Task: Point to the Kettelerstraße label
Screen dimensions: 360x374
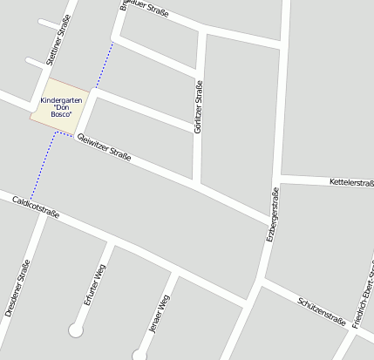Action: tap(351, 183)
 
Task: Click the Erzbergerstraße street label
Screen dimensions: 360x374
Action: tap(271, 214)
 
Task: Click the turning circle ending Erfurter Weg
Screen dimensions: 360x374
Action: tap(76, 330)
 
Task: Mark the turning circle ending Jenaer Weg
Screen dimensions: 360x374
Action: tap(139, 355)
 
